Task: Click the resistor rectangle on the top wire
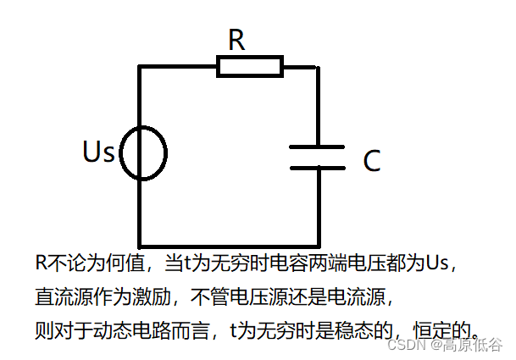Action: pyautogui.click(x=250, y=66)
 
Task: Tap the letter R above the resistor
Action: pyautogui.click(x=236, y=39)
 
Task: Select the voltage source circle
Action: pyautogui.click(x=143, y=153)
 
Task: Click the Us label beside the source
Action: pyautogui.click(x=99, y=152)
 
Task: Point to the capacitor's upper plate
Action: pyautogui.click(x=317, y=147)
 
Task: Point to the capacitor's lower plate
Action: pyautogui.click(x=317, y=167)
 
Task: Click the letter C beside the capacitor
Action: pyautogui.click(x=371, y=161)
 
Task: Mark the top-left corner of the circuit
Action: pyautogui.click(x=140, y=66)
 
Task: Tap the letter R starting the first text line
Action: pyautogui.click(x=40, y=263)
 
